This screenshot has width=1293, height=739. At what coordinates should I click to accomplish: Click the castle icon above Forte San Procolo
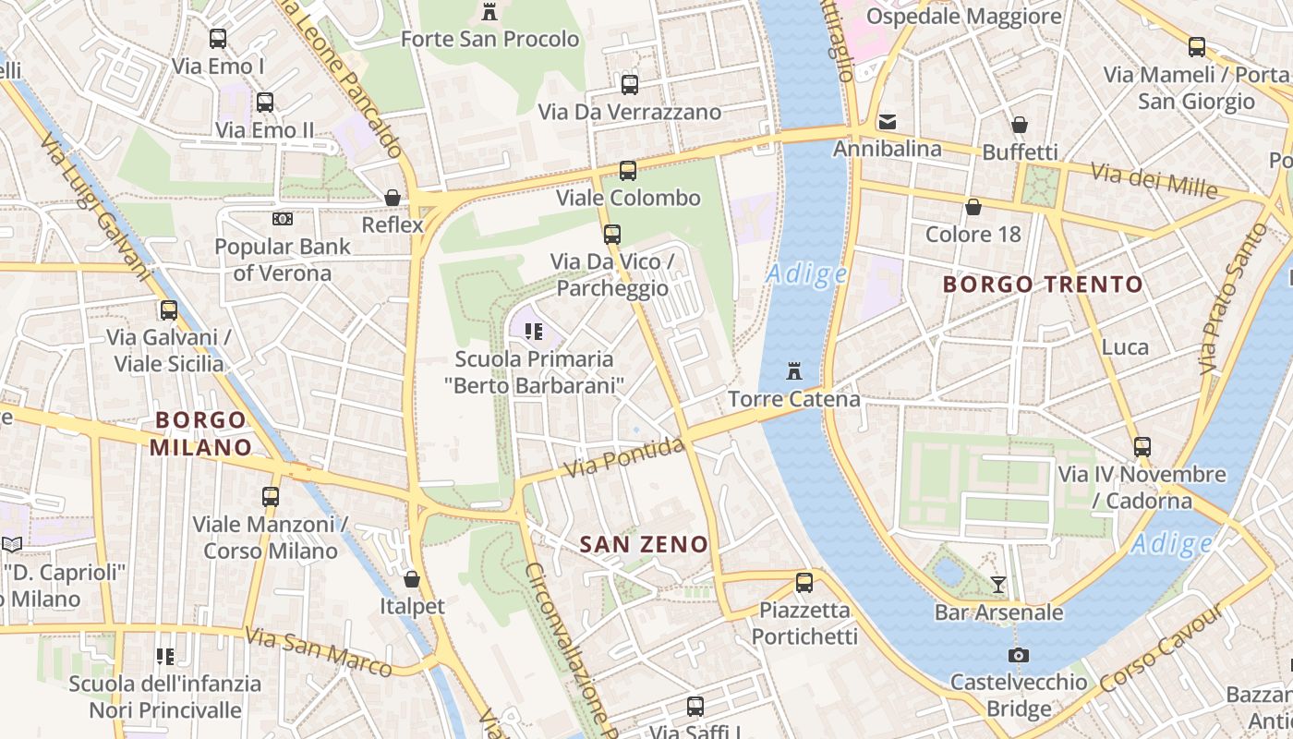(x=489, y=12)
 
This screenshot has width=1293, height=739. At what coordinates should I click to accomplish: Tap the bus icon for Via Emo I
(x=218, y=39)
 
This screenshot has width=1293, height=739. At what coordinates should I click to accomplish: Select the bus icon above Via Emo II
(x=265, y=103)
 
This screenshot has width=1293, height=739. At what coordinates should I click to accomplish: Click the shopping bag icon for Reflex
(x=393, y=198)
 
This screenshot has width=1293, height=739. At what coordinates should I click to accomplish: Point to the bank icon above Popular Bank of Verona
(x=283, y=219)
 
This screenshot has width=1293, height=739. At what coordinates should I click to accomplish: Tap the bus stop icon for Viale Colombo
(x=628, y=171)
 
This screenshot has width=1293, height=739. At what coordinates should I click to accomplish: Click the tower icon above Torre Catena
(x=793, y=371)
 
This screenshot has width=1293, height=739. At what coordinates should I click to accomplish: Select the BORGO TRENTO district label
(x=1043, y=285)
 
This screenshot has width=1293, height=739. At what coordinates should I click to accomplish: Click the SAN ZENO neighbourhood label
(x=644, y=545)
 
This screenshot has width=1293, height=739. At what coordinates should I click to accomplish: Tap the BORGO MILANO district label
(x=200, y=434)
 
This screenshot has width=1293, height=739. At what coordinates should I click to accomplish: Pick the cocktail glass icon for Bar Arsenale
(x=998, y=584)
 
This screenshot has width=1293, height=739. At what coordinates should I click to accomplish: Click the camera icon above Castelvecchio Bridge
(x=1019, y=655)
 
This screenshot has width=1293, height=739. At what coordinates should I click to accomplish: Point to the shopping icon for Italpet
(x=412, y=579)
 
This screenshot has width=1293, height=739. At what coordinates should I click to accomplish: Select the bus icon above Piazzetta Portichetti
(x=804, y=583)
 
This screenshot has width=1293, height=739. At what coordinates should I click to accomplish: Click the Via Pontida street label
(x=624, y=458)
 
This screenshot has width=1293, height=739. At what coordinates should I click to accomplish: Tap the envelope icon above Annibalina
(x=888, y=121)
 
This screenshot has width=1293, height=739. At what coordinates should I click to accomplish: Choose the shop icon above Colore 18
(x=973, y=207)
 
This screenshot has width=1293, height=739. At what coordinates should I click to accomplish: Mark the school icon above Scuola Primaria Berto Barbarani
(x=533, y=331)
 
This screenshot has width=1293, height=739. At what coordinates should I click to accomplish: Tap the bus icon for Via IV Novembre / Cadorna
(x=1142, y=447)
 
